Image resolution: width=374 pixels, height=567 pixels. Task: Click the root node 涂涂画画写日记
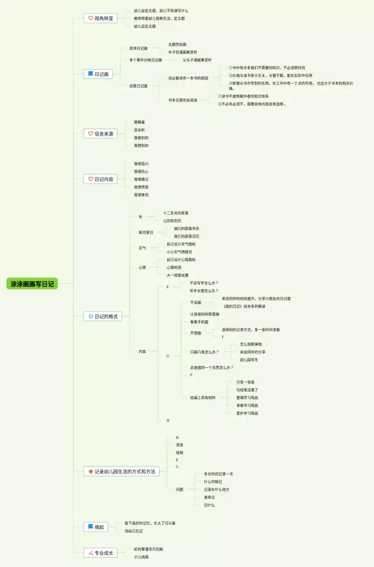click(32, 284)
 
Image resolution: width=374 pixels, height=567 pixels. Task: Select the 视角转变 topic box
click(101, 19)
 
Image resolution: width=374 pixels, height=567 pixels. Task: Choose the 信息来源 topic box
click(101, 133)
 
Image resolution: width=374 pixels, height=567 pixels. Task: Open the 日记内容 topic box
click(101, 179)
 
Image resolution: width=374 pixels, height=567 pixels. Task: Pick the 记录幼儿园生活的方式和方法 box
click(122, 471)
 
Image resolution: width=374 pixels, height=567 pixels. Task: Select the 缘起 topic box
click(98, 527)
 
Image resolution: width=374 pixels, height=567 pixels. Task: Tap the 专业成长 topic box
click(101, 553)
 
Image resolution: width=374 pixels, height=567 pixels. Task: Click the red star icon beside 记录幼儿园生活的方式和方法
click(90, 471)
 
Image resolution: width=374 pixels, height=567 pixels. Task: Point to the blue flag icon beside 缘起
click(90, 527)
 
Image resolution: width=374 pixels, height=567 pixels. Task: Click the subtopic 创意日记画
click(138, 86)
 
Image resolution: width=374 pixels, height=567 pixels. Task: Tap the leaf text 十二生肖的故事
click(175, 213)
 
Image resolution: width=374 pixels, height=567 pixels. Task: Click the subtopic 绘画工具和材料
click(202, 397)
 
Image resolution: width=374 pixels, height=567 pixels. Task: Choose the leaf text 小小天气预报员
click(179, 251)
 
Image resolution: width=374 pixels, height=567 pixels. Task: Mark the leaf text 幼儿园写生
click(249, 359)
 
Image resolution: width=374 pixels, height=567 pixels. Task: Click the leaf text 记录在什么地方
click(216, 489)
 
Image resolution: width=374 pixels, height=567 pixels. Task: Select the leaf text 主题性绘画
click(177, 44)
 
